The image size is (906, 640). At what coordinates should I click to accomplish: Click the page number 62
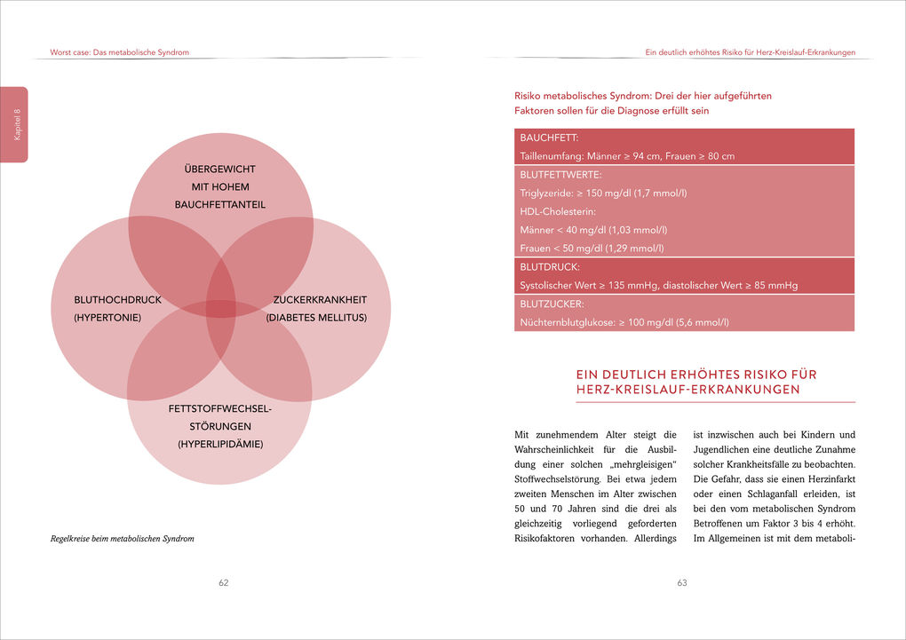click(224, 583)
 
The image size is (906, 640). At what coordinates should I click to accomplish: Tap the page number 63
click(682, 583)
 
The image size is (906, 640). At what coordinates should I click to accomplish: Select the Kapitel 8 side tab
click(15, 124)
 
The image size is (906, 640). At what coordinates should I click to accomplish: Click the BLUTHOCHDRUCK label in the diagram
click(106, 300)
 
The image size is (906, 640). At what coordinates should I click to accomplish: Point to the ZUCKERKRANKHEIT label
click(320, 300)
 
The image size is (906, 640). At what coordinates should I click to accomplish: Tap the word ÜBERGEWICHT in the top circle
click(219, 169)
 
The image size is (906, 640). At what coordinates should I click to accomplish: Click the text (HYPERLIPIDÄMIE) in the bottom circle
click(219, 444)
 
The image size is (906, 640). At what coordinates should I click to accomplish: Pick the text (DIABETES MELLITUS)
click(316, 317)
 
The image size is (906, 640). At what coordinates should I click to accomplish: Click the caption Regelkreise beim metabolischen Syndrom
click(122, 538)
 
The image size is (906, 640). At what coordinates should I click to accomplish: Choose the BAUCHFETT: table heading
click(549, 138)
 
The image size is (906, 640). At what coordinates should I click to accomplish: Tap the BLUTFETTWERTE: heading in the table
click(560, 175)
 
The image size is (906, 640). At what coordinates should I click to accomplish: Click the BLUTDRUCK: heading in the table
click(550, 266)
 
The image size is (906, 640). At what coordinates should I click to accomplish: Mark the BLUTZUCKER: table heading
click(553, 304)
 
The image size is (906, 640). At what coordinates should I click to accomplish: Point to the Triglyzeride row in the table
click(603, 193)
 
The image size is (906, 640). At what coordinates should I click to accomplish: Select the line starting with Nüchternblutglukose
click(624, 321)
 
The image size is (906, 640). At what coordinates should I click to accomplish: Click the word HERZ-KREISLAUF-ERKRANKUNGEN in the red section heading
click(687, 390)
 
